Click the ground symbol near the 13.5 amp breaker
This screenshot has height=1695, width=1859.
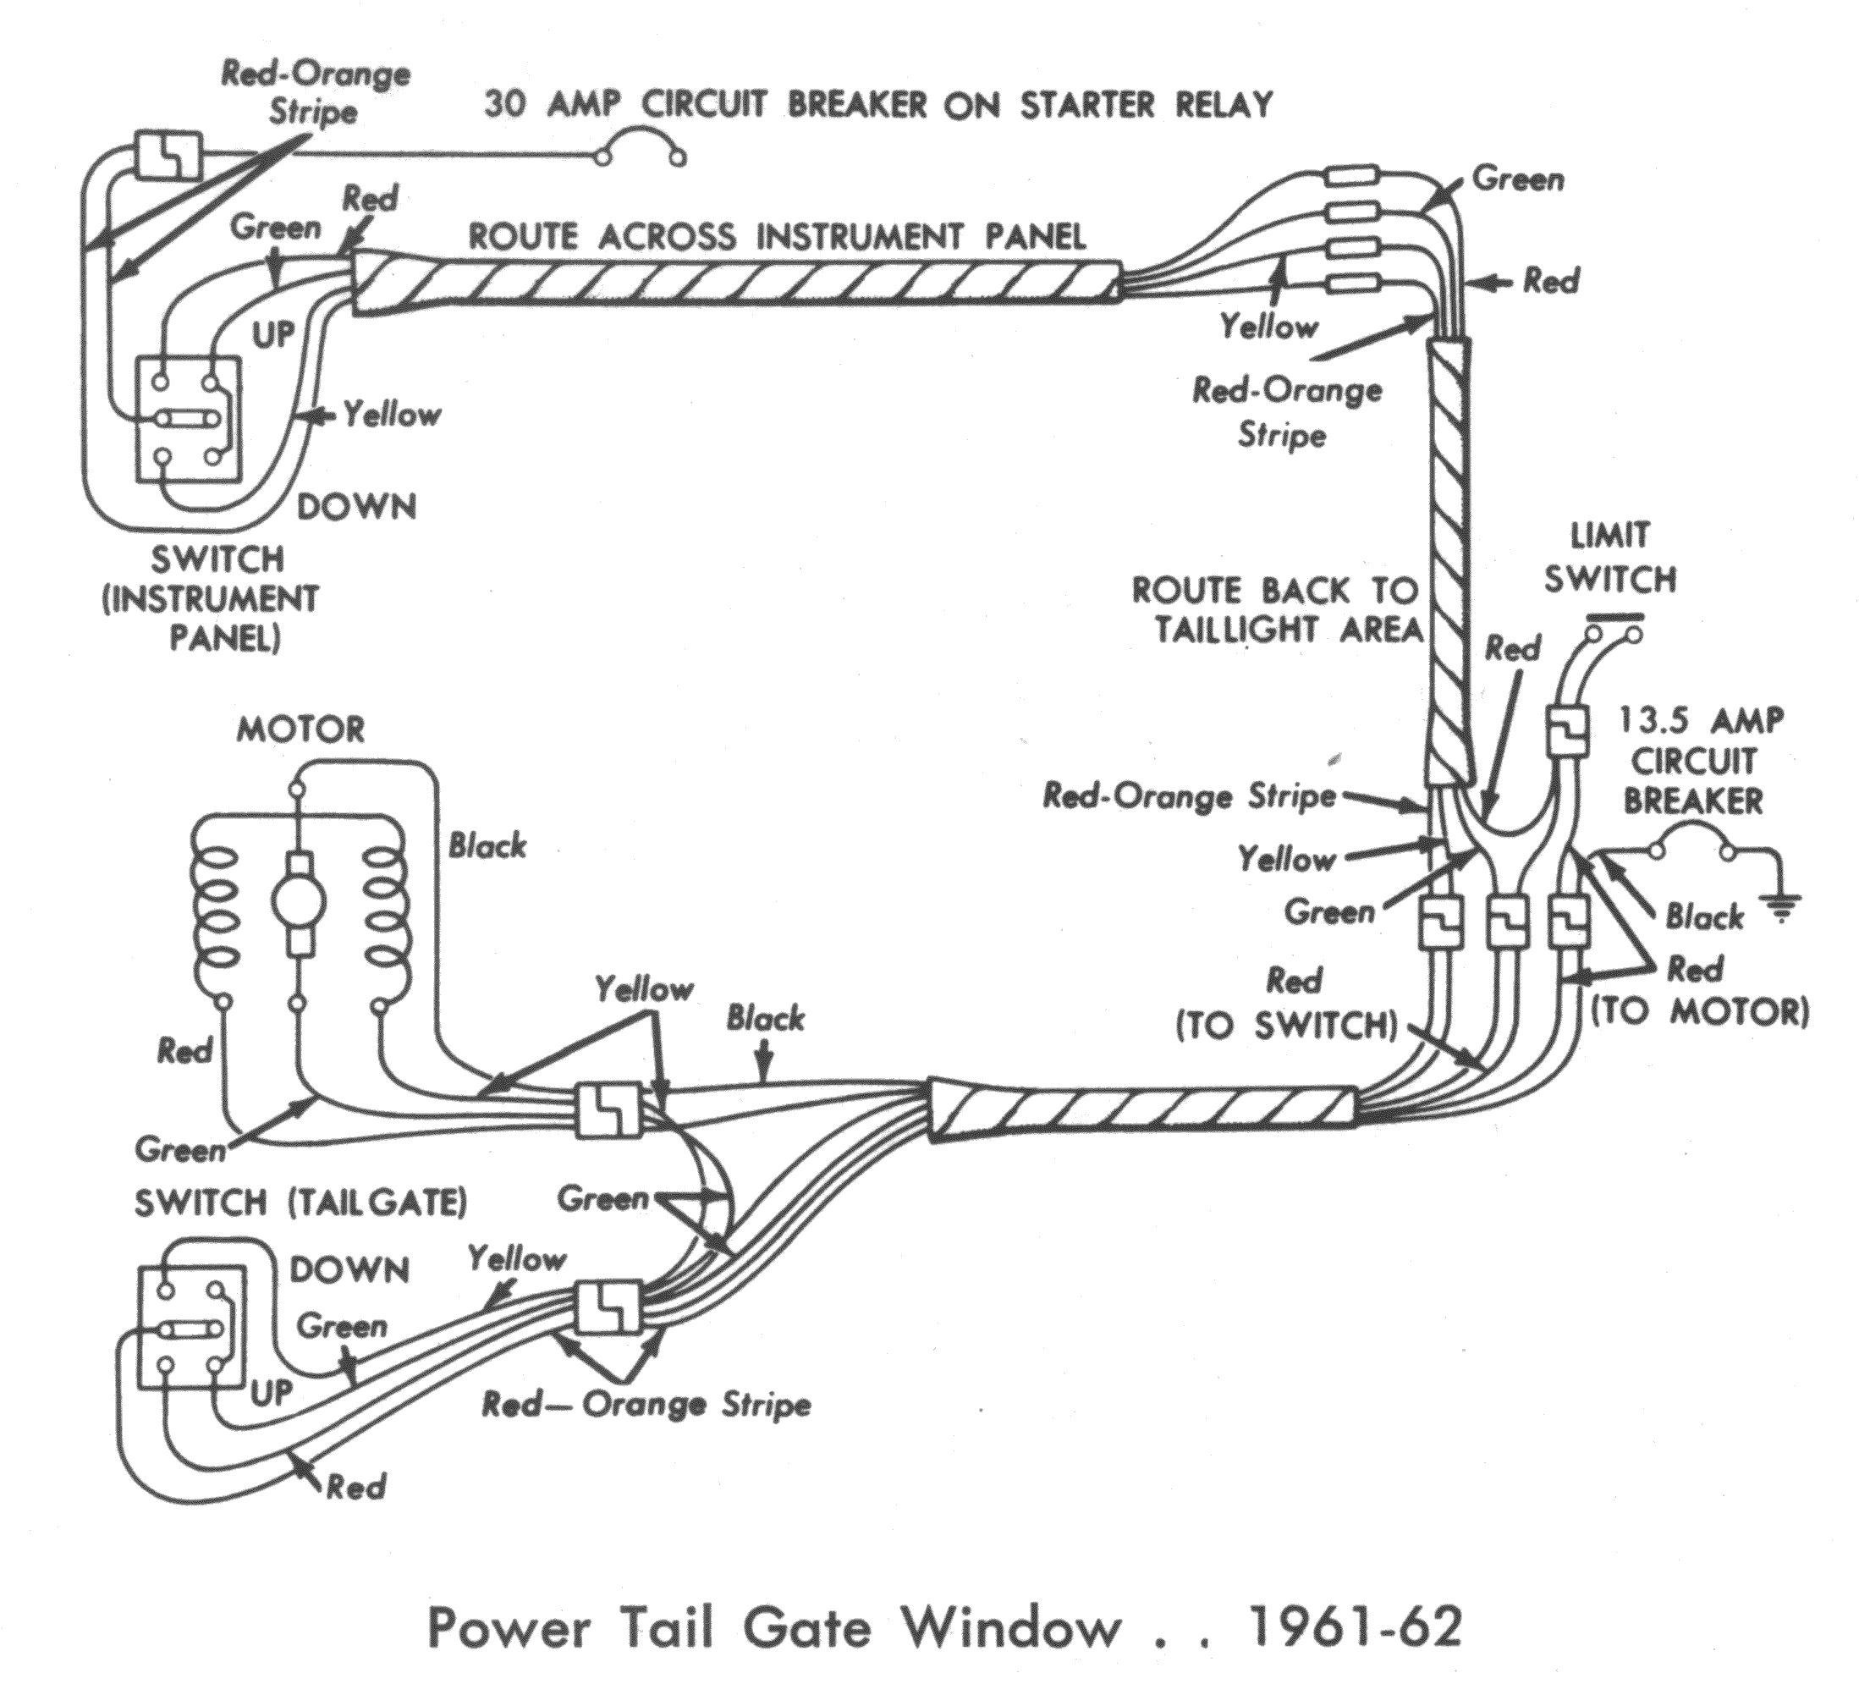click(1781, 908)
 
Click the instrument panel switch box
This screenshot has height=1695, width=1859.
click(188, 420)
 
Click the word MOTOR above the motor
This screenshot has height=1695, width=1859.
click(300, 729)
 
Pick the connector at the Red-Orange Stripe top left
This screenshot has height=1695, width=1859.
click(168, 155)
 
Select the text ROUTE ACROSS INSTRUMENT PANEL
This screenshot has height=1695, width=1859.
click(777, 237)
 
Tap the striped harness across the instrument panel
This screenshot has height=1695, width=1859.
click(738, 284)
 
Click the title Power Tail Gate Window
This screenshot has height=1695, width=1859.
click(774, 1627)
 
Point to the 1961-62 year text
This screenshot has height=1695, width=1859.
click(1354, 1627)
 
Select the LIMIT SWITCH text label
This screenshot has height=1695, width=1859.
click(1610, 557)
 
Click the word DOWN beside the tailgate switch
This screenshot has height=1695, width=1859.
click(349, 1271)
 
